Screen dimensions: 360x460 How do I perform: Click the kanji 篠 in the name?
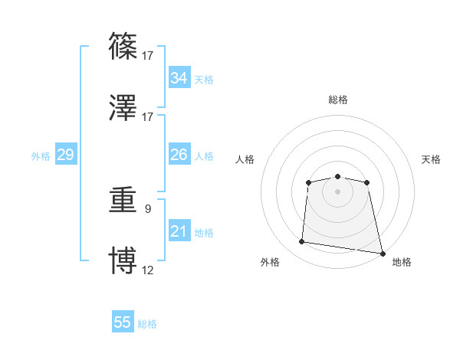pos(123,47)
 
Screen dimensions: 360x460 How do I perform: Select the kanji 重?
pos(123,201)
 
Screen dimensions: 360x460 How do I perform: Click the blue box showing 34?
pos(179,78)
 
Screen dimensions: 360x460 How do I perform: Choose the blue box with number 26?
pos(179,155)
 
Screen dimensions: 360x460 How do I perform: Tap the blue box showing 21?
pos(179,231)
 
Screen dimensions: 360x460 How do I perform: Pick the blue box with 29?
pos(65,155)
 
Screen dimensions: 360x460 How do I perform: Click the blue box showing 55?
pos(123,322)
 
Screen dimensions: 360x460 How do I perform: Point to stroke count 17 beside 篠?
pos(148,55)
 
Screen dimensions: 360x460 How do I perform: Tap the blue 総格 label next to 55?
pos(147,324)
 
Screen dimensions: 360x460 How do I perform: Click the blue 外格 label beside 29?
pos(41,155)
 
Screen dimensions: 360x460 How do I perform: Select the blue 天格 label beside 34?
pos(204,80)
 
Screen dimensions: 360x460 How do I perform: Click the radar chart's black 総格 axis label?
pos(338,100)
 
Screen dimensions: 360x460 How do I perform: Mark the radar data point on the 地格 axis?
pos(383,252)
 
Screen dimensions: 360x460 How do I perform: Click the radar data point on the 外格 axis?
pos(302,242)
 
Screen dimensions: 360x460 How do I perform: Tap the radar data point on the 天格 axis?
pos(367,182)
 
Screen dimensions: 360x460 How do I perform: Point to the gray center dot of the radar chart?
pos(337,191)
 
